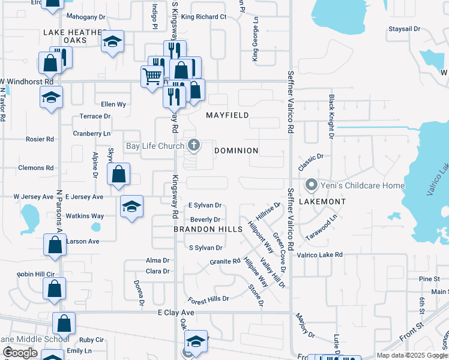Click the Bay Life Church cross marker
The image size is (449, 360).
pyautogui.click(x=193, y=145)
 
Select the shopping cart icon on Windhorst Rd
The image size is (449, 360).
pyautogui.click(x=152, y=77)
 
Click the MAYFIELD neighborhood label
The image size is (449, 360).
pyautogui.click(x=228, y=115)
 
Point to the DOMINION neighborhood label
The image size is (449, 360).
pyautogui.click(x=237, y=151)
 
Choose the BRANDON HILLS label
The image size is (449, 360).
pyautogui.click(x=208, y=229)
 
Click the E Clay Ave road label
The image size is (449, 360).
pyautogui.click(x=176, y=313)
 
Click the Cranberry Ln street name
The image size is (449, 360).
pyautogui.click(x=92, y=133)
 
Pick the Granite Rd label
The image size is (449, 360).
pyautogui.click(x=225, y=262)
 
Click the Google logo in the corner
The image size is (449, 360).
pyautogui.click(x=20, y=353)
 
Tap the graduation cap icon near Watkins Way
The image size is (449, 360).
pyautogui.click(x=131, y=207)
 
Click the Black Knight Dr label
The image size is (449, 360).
pyautogui.click(x=331, y=116)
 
